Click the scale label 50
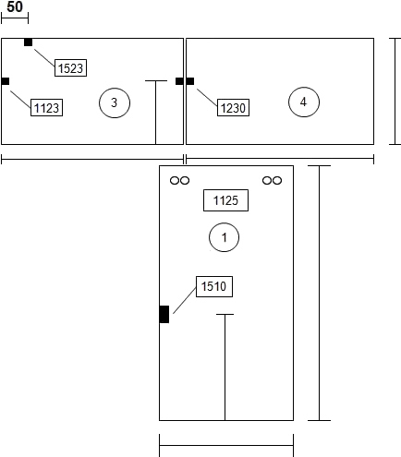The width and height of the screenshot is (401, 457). point(15,6)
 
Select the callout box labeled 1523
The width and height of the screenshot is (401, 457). point(70,67)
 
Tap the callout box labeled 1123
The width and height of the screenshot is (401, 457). point(46,107)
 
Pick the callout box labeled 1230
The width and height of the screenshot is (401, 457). point(233,107)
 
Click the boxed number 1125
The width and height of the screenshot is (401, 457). point(225,200)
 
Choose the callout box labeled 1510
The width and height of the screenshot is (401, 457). point(214,286)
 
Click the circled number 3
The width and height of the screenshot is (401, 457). point(115,102)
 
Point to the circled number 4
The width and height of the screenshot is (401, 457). point(304,102)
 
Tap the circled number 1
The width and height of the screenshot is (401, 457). point(224,237)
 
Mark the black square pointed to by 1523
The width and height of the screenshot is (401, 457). point(28,42)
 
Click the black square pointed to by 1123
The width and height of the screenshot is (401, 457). point(6,81)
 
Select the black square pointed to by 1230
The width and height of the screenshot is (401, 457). point(190,81)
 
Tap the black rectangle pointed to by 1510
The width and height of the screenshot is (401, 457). point(164,314)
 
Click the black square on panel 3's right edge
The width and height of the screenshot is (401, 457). point(179,81)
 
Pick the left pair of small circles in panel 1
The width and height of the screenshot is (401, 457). point(179,180)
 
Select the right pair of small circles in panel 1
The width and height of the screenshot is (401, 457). point(272,180)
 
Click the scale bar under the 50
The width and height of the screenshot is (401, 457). point(15,18)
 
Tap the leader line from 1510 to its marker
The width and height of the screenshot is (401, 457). point(185,300)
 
